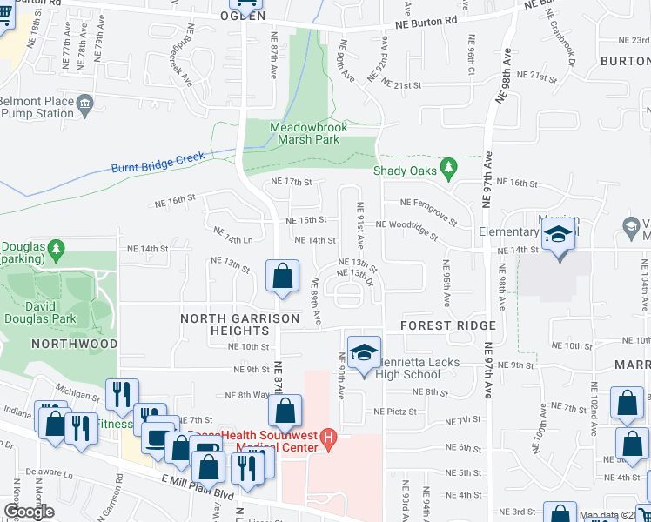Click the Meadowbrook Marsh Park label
click(308, 133)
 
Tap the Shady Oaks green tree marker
click(449, 166)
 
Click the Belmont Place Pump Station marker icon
click(85, 105)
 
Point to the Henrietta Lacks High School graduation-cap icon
click(364, 352)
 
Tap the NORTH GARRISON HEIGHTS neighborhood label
click(239, 325)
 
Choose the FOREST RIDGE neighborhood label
click(448, 325)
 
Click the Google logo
click(30, 512)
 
